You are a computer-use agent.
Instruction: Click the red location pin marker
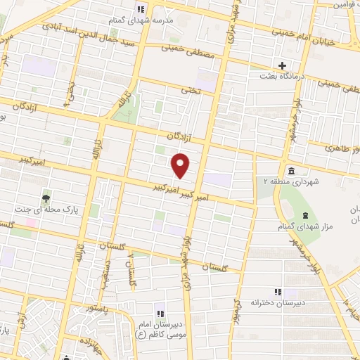pos(181,166)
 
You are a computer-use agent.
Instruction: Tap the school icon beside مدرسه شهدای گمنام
pos(140,9)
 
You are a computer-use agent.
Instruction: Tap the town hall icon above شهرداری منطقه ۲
pos(291,172)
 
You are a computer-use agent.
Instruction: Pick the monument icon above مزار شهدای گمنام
pos(305,214)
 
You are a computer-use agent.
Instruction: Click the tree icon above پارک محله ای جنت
pos(46,199)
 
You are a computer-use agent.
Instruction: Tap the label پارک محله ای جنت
pos(46,210)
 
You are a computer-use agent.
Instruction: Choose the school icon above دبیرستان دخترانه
pos(277,292)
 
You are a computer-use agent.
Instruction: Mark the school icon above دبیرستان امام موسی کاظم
pos(160,314)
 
